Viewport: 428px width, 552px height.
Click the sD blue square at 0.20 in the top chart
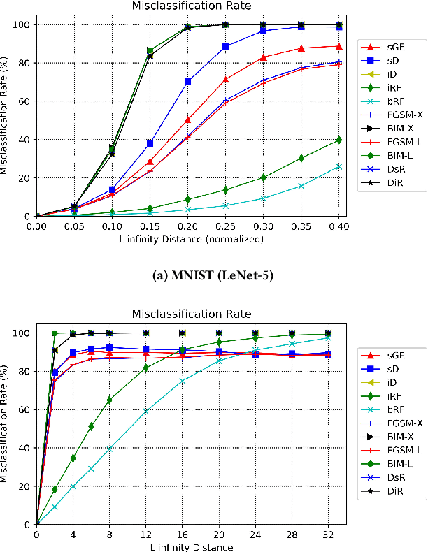pos(188,82)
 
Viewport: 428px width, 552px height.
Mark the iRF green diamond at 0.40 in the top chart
pos(338,140)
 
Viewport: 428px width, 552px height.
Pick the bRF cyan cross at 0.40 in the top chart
pos(338,166)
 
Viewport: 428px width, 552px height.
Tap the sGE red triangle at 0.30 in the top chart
pos(263,57)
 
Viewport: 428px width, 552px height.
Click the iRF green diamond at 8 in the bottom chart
pos(109,400)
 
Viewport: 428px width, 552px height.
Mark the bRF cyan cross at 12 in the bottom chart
pos(145,412)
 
